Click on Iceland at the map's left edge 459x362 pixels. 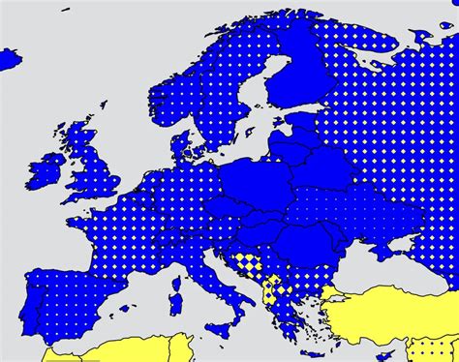9,59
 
